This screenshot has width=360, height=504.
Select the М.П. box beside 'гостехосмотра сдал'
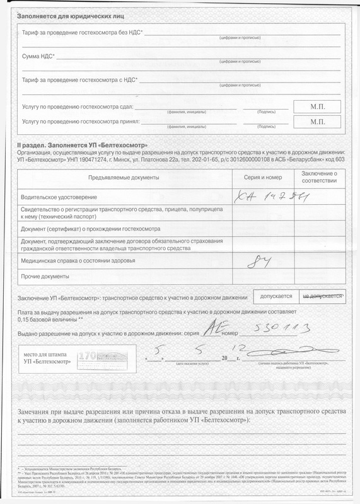[317, 106]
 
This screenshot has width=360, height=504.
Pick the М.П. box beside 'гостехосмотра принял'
[317, 122]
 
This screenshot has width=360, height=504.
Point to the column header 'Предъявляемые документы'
[124, 178]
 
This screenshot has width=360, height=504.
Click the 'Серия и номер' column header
[263, 178]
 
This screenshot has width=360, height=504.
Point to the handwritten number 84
[257, 260]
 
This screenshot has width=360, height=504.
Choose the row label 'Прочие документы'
[45, 277]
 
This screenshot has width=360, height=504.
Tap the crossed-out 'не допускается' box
[322, 295]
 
